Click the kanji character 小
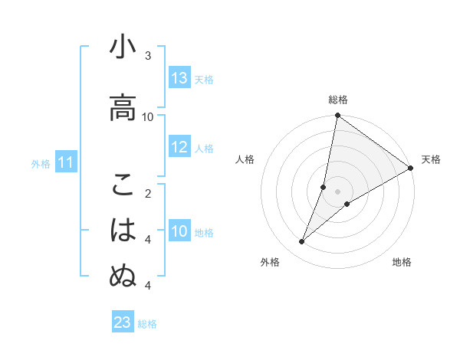123,48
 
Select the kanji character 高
123,107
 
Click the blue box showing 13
179,78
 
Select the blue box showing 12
179,148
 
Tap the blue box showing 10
179,231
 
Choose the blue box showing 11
66,162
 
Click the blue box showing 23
123,322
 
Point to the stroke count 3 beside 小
148,56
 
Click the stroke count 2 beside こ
148,193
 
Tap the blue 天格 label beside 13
203,79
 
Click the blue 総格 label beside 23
147,323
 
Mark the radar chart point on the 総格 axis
337,116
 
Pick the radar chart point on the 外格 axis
302,242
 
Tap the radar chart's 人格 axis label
245,159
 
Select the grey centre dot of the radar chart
337,191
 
